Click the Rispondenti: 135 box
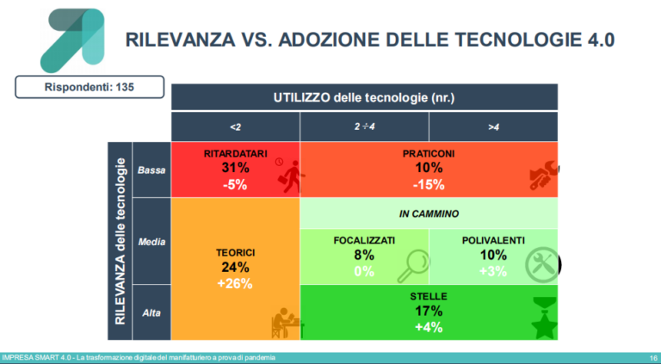point(76,87)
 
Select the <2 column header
point(235,126)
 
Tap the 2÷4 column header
point(364,126)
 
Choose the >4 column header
point(493,126)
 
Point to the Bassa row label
point(152,170)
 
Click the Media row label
point(152,242)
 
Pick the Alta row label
point(152,313)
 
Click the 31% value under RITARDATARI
point(234,169)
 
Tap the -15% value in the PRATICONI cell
point(428,184)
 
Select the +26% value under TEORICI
point(234,283)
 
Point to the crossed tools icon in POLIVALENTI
point(541,265)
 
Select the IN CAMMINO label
point(428,213)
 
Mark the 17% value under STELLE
point(428,312)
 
